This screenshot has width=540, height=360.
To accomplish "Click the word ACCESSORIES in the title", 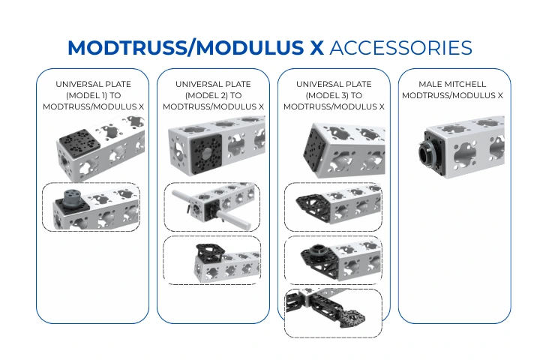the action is point(400,47).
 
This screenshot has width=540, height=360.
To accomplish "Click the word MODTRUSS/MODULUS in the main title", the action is point(186,47).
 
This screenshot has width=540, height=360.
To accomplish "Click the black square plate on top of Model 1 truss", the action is point(79,139).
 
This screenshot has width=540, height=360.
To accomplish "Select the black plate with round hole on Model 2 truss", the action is point(206,154).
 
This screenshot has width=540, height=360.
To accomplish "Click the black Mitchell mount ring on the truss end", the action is point(427,152).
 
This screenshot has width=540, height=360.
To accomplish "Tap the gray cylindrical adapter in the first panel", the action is point(73,197).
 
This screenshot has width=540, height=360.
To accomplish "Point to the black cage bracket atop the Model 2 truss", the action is point(210,253).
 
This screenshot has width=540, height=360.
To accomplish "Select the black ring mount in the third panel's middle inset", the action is point(315,250).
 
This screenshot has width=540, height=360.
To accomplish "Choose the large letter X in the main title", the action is point(316,47).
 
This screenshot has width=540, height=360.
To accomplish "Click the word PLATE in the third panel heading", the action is point(358,84).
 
